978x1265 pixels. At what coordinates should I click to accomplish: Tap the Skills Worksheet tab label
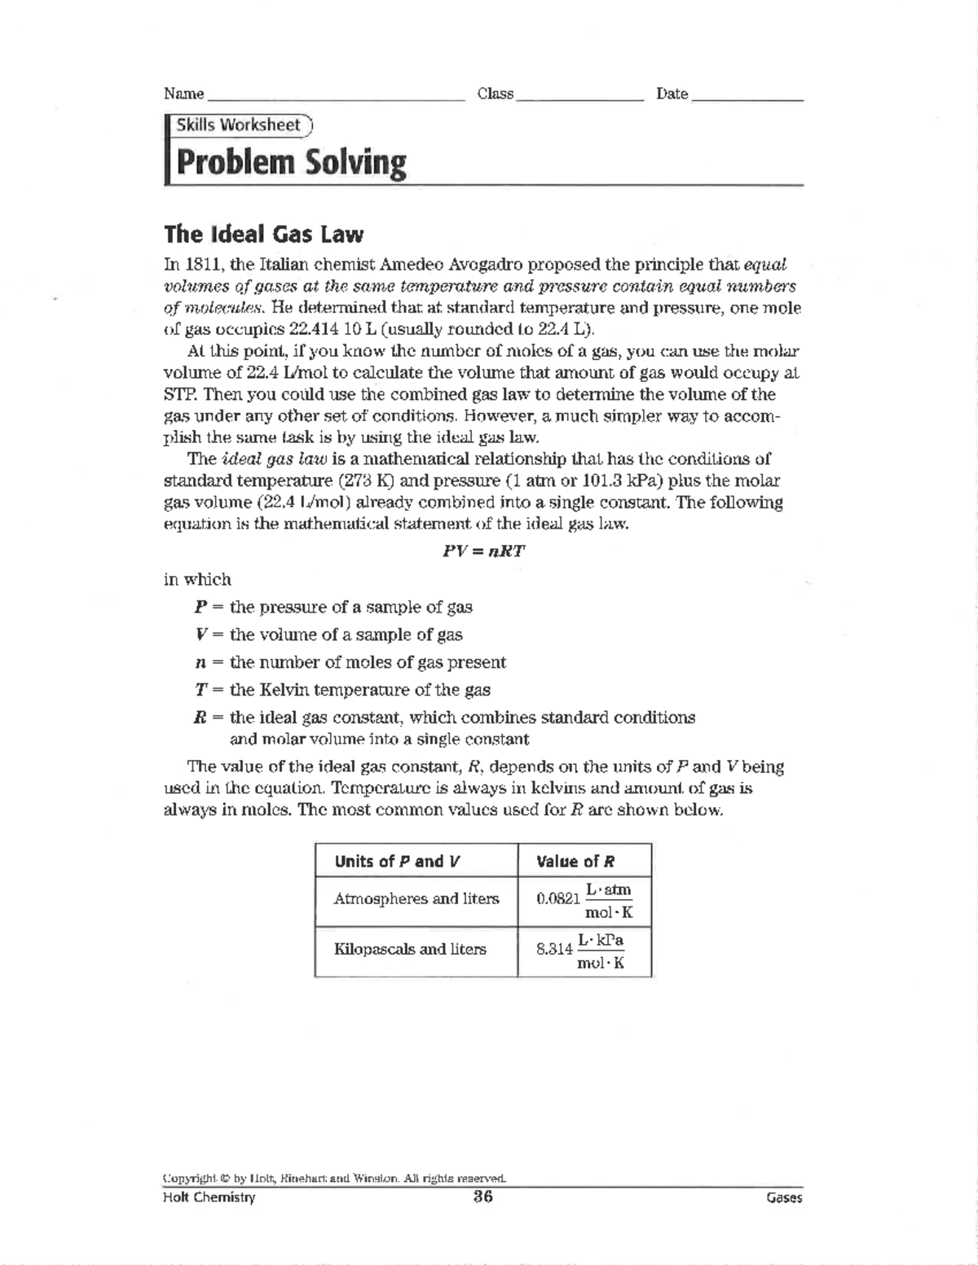239,125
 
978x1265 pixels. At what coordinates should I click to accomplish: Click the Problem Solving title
291,163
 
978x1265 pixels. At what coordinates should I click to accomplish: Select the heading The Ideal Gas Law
263,235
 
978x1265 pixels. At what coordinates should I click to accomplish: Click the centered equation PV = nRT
483,551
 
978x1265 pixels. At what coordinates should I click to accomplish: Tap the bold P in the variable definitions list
200,607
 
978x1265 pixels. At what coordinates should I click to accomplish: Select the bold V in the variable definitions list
200,635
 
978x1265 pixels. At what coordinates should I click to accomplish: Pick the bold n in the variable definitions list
200,662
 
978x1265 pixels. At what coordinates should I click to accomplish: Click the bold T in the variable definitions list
200,690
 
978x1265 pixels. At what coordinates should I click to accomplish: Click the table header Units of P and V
398,861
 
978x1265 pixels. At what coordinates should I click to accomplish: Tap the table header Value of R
575,861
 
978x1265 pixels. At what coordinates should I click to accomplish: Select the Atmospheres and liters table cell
416,899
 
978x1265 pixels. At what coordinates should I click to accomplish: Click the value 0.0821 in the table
558,899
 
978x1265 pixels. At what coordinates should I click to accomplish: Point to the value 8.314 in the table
555,950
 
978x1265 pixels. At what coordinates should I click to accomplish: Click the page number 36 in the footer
482,1197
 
